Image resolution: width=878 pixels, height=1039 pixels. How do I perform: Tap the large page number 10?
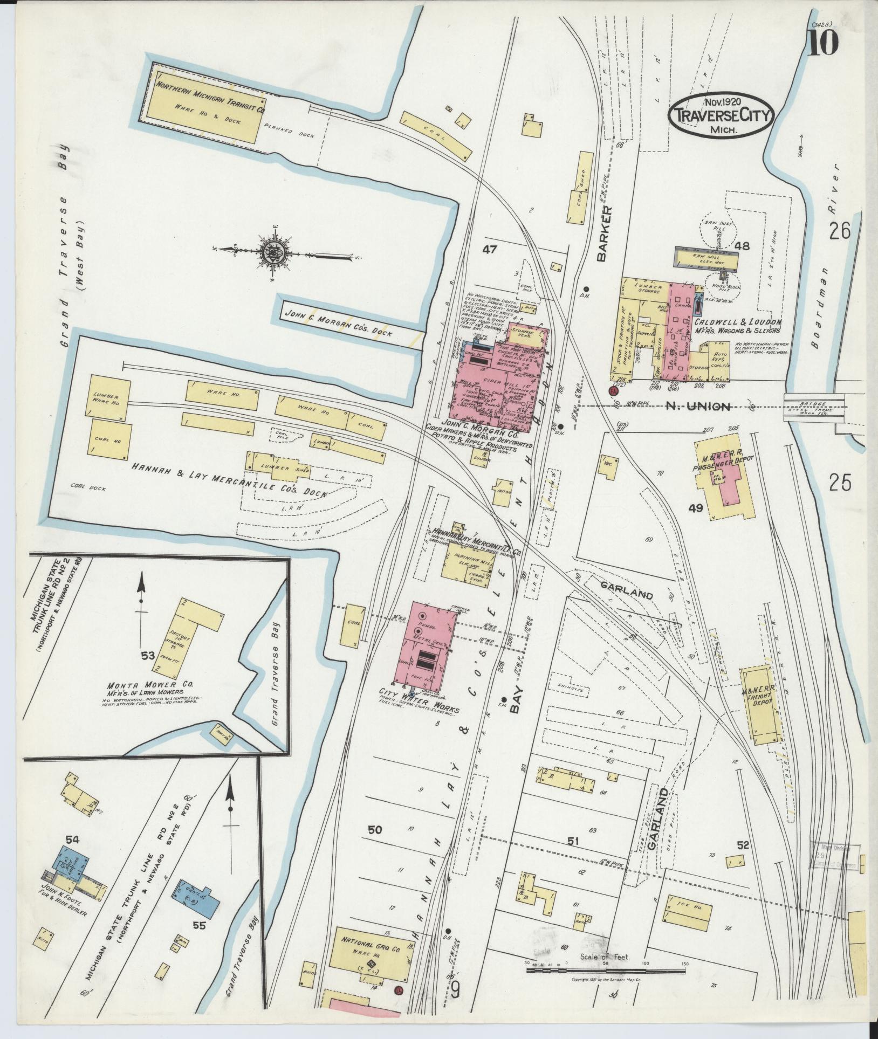coord(823,42)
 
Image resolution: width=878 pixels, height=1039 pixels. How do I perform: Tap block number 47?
coord(489,250)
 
